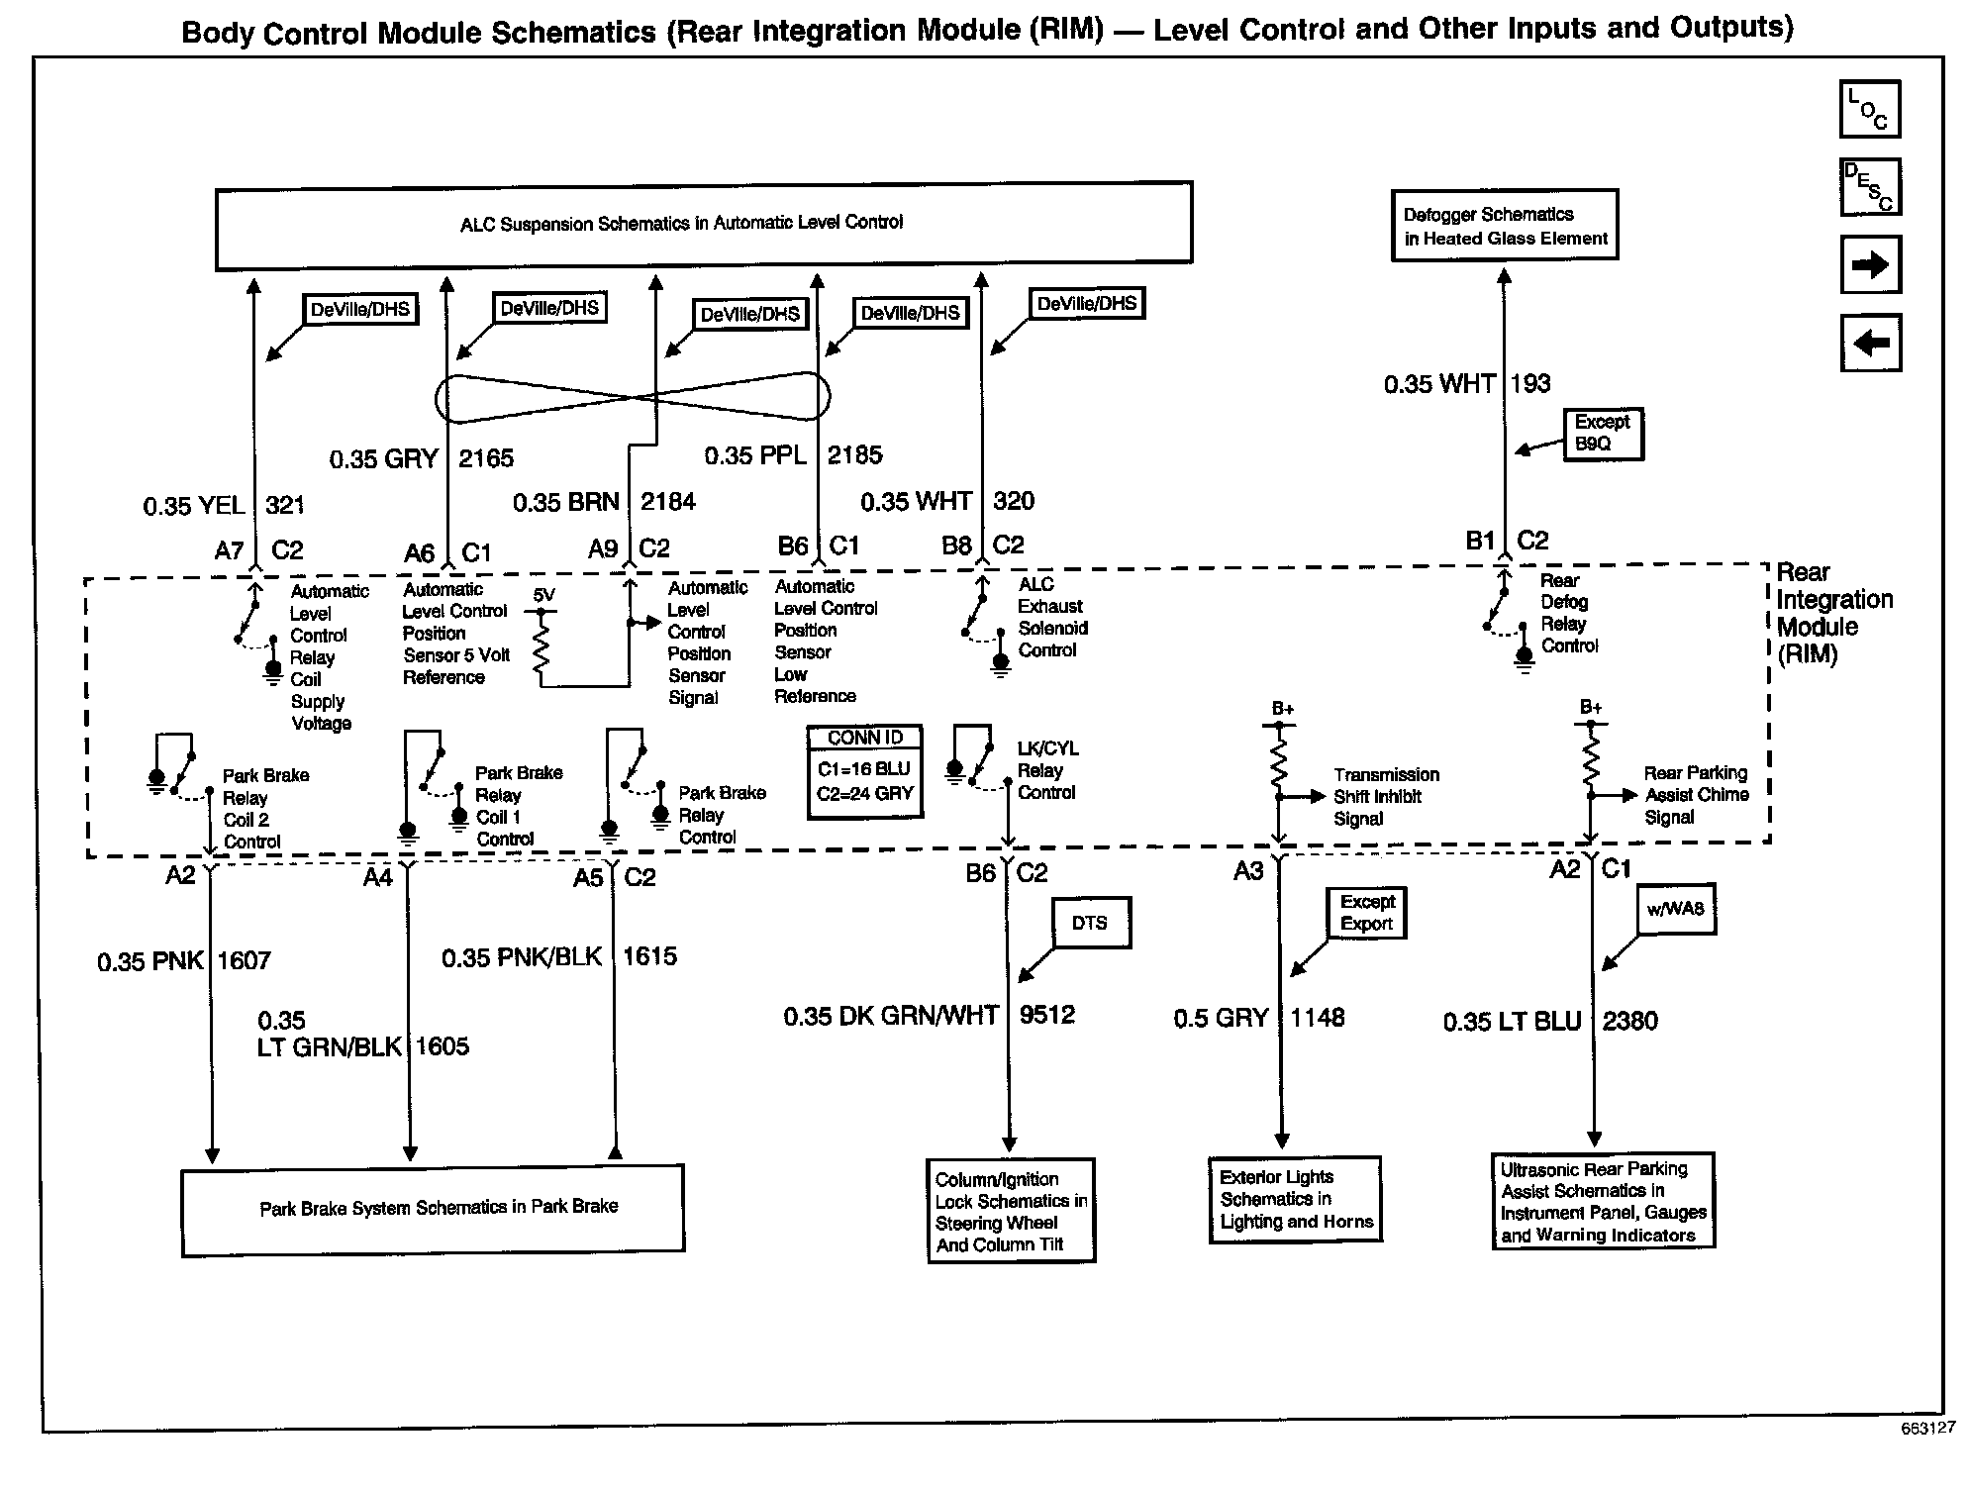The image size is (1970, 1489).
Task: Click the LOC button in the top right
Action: (1869, 109)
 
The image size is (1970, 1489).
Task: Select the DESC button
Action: (1869, 187)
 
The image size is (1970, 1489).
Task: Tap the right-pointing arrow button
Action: (1869, 264)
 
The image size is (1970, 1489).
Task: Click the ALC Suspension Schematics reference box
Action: (703, 224)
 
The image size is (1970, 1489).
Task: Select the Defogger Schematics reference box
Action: (1504, 226)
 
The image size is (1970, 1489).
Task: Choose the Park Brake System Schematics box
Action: (433, 1209)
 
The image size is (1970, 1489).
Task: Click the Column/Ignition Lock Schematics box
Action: (1011, 1211)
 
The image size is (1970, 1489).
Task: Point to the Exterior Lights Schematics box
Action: (1295, 1199)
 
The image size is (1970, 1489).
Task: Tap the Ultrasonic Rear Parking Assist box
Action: (1603, 1201)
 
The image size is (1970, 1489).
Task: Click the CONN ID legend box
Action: (865, 772)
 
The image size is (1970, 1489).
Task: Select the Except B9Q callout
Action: (1602, 433)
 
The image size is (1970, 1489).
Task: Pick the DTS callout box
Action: (1090, 923)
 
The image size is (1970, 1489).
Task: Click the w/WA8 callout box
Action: (1675, 909)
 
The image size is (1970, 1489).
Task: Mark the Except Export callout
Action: (1366, 913)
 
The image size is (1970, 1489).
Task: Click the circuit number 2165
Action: (486, 458)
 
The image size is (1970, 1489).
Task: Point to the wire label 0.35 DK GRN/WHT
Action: (891, 1016)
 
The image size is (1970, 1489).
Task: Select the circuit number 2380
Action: (1629, 1021)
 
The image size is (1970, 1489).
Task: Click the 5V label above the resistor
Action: (543, 595)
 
